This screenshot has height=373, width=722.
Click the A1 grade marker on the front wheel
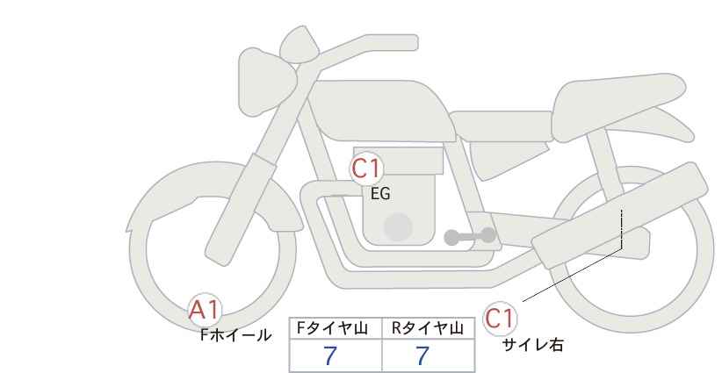tap(206, 310)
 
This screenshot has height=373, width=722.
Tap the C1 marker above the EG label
tap(366, 169)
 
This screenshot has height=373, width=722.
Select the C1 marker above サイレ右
tap(500, 318)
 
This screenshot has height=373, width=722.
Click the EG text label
tap(380, 194)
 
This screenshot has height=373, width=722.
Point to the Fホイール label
tap(235, 335)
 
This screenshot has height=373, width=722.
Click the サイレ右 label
tap(532, 345)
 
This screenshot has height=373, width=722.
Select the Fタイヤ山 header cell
tap(336, 328)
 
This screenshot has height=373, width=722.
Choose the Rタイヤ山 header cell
tap(429, 328)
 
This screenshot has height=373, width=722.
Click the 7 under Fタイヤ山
tap(329, 355)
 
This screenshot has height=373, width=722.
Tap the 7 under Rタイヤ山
tap(422, 355)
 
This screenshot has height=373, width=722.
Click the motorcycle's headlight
tap(265, 82)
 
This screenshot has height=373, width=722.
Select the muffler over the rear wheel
tap(620, 215)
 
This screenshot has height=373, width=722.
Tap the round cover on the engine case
tap(398, 227)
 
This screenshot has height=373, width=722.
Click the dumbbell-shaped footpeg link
tap(470, 236)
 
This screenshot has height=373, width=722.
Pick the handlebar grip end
tap(405, 43)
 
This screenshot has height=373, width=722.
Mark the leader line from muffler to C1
tap(573, 275)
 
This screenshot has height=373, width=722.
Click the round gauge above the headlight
tap(300, 45)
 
